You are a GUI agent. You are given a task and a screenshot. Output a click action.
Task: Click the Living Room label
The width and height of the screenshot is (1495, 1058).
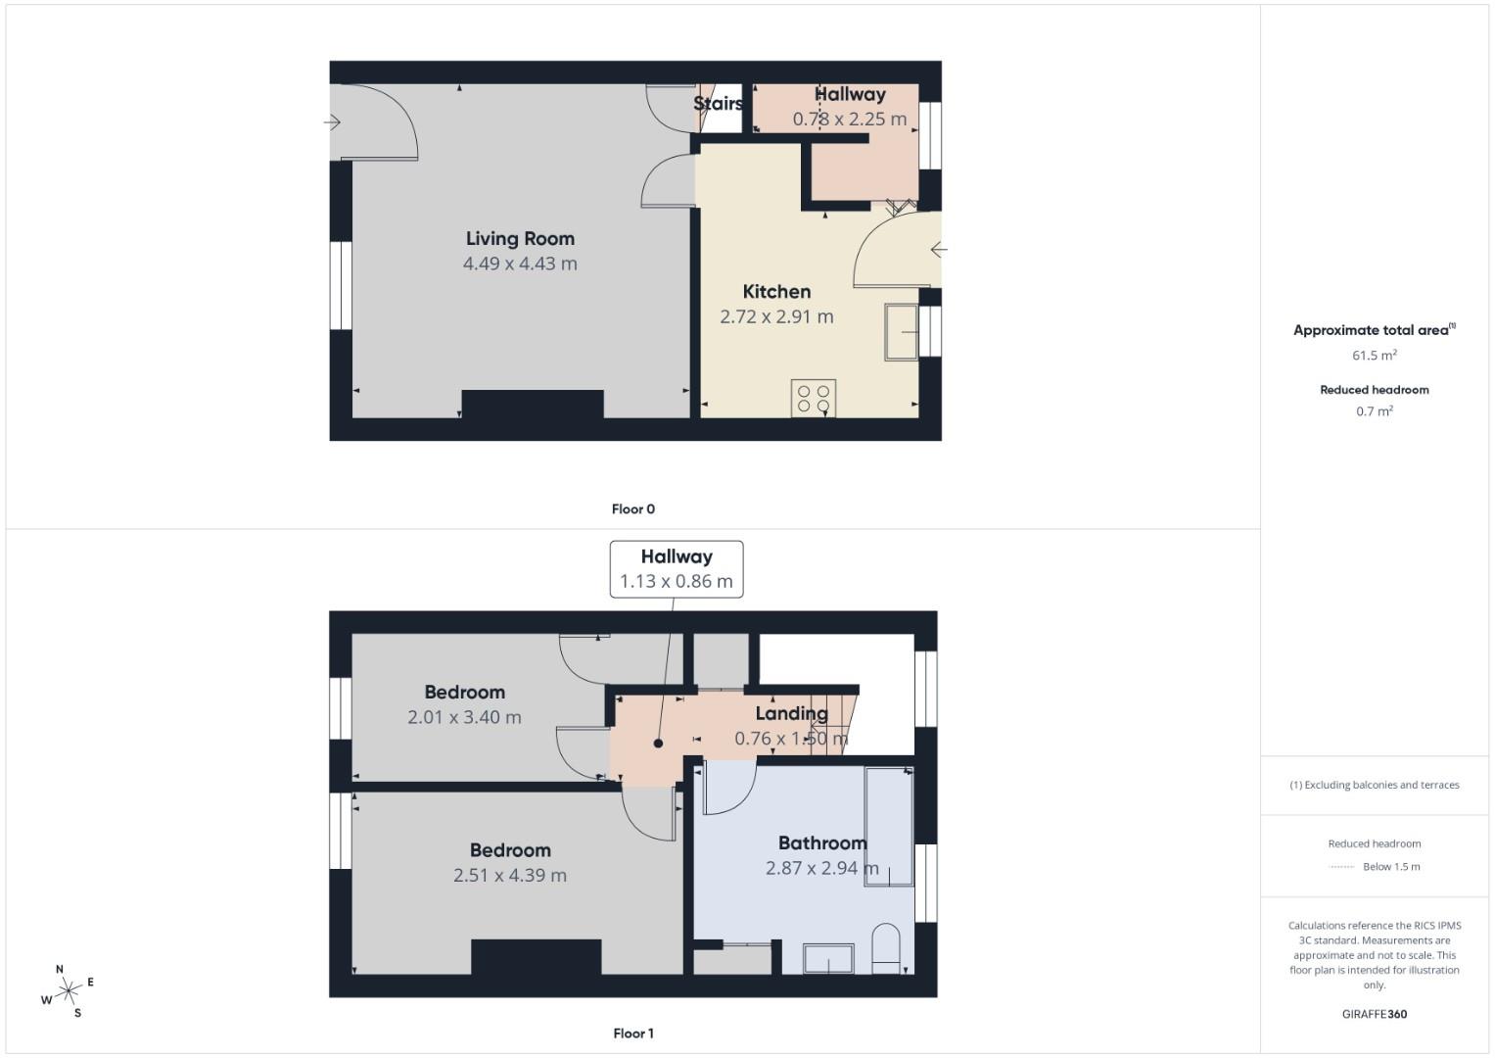coord(520,238)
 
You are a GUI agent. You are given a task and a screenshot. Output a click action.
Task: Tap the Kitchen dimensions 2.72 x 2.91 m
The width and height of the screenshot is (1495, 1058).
coord(776,316)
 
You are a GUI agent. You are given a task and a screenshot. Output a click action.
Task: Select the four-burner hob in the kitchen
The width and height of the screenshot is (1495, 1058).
coord(814,398)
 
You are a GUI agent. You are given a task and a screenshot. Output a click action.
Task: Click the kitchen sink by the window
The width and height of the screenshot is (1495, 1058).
coord(902,332)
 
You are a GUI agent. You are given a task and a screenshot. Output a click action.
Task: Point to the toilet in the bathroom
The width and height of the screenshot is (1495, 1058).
coord(885,946)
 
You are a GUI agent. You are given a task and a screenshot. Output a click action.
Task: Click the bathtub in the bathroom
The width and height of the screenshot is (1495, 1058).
coord(889,827)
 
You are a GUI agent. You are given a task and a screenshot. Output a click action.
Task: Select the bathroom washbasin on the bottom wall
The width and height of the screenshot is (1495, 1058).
coord(828,958)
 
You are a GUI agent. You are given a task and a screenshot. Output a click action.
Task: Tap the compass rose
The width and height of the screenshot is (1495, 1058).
coord(68,991)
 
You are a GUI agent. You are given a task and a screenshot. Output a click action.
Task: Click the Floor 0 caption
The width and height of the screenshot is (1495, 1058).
coord(633,508)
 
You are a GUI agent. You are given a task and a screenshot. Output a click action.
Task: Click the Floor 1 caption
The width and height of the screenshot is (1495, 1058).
coord(633,1033)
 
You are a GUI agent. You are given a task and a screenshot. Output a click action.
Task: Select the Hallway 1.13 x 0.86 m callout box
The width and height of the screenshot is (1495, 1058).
coord(677,568)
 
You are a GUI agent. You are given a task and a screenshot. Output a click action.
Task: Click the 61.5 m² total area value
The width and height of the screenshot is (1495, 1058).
coord(1375,356)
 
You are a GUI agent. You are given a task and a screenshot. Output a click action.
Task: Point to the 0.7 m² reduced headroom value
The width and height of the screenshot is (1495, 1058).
coord(1375,411)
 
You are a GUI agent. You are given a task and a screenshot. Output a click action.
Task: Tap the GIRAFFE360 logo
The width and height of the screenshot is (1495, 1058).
coord(1375,1014)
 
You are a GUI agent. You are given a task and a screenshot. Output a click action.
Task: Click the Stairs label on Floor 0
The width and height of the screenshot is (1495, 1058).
coord(718,103)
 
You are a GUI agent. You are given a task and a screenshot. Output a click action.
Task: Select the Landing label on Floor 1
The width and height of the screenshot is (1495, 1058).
coord(791,713)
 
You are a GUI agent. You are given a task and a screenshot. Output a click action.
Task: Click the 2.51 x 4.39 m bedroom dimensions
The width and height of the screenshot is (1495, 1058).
coord(509,875)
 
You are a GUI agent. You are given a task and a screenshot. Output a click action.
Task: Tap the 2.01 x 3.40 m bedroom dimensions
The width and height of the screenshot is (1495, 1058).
coord(464,717)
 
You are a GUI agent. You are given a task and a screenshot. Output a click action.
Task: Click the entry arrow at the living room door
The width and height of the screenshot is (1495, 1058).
coord(333,122)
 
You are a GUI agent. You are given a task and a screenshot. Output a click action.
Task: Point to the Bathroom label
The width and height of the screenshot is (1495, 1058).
coord(822,842)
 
